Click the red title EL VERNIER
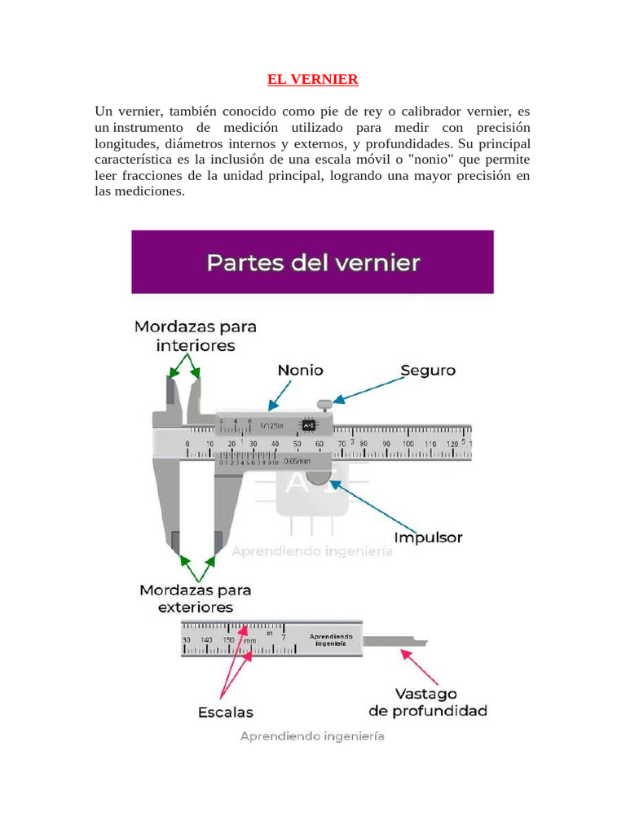313,80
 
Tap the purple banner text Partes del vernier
313,263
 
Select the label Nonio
300,370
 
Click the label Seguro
427,370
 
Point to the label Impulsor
428,538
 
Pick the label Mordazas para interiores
196,336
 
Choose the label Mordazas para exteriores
196,598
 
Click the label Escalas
226,712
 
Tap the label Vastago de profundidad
428,702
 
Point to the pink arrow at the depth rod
421,666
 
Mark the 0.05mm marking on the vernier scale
297,461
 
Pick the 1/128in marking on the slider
271,425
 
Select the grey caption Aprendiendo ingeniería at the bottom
312,736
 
